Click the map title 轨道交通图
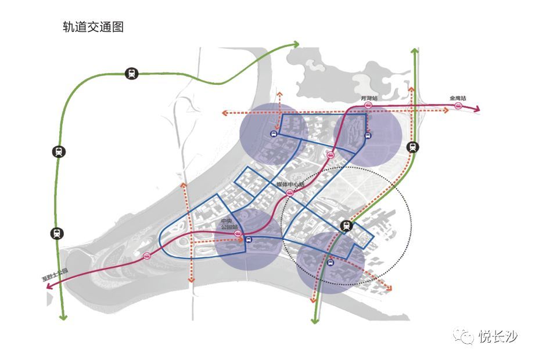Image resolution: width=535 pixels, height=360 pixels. pos(94,27)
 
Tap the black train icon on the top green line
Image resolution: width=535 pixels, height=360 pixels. pos(132,74)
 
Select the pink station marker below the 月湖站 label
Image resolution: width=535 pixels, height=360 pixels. pos(368,106)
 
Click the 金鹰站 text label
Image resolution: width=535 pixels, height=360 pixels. pos(458,99)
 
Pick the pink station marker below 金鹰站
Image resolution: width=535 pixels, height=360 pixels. pos(458,106)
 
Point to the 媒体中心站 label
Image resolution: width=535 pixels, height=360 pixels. pos(290,185)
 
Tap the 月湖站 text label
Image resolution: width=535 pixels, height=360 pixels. pos(369,99)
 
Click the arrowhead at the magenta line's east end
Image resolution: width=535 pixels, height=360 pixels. pos(477,109)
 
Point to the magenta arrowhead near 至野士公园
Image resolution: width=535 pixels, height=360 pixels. pos(48,285)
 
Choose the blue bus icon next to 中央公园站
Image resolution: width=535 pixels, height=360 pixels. pos(247,239)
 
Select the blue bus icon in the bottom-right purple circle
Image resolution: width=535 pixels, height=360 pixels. pos(331,264)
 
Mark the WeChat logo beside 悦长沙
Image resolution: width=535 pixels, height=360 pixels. pos(464,336)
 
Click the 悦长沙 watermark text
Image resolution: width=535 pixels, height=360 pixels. pos(498,336)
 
